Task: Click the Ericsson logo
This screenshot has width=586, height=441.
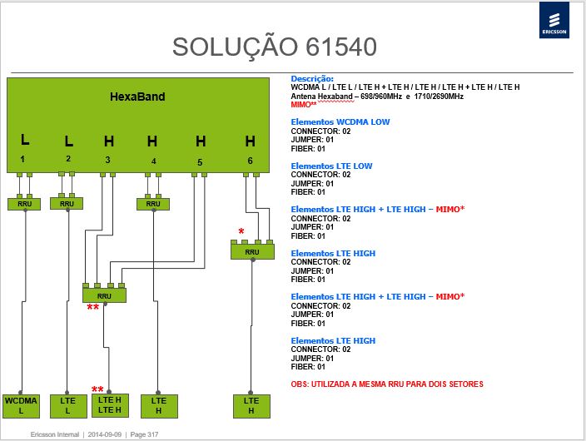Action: pos(554,20)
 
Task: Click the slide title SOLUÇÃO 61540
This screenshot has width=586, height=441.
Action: pos(275,47)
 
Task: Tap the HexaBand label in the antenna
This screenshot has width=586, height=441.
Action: pos(137,97)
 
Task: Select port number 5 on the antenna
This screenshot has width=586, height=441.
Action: pos(200,162)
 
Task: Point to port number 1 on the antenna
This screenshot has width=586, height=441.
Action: pos(22,159)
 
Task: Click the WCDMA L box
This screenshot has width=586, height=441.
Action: pos(21,406)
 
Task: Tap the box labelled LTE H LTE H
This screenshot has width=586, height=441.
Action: pos(110,405)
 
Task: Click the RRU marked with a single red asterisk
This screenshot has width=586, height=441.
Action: pos(252,251)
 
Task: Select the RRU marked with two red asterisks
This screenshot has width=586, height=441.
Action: pos(104,295)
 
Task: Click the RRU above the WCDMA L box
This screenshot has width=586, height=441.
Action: pos(24,204)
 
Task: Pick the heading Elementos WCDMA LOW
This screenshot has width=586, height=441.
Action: pos(340,121)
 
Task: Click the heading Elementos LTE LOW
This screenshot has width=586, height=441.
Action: pos(331,166)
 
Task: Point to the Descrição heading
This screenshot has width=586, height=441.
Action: pos(312,79)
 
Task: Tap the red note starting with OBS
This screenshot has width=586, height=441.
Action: pos(387,384)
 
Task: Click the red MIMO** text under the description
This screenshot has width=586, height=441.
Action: pos(304,104)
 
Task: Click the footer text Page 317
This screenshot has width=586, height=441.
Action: pos(144,434)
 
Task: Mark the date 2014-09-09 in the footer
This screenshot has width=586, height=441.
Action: pos(105,434)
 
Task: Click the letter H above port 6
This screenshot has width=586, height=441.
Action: pos(250,141)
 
